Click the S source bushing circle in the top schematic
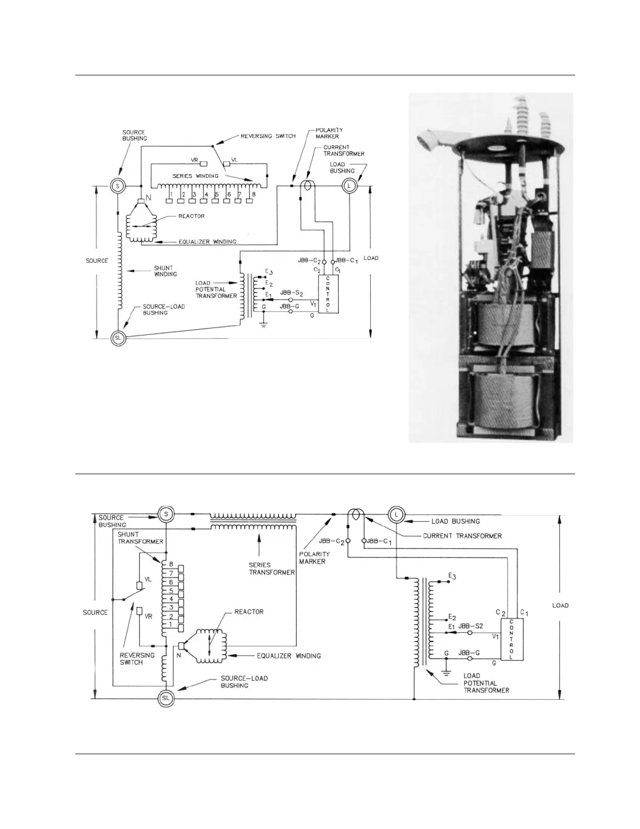pyautogui.click(x=118, y=186)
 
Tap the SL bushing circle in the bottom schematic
pyautogui.click(x=166, y=698)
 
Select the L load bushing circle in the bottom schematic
pyautogui.click(x=396, y=515)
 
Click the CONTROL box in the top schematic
pyautogui.click(x=328, y=294)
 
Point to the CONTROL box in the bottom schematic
pyautogui.click(x=511, y=639)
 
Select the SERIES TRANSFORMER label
pyautogui.click(x=272, y=568)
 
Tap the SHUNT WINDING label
pyautogui.click(x=165, y=271)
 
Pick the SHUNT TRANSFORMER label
pyautogui.click(x=140, y=538)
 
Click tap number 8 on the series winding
pyautogui.click(x=253, y=195)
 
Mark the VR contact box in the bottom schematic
pyautogui.click(x=140, y=611)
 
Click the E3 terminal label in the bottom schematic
pyautogui.click(x=452, y=576)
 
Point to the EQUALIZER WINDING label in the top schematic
pyautogui.click(x=208, y=242)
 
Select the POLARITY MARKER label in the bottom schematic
pyautogui.click(x=314, y=557)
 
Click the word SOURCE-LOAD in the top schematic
pyautogui.click(x=164, y=306)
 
